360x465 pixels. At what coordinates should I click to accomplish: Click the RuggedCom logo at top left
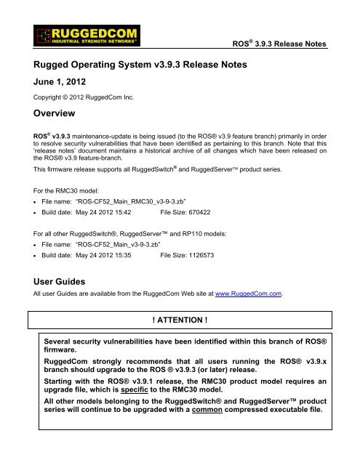click(74, 36)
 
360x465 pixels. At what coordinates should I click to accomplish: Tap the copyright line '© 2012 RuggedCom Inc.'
click(77, 102)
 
